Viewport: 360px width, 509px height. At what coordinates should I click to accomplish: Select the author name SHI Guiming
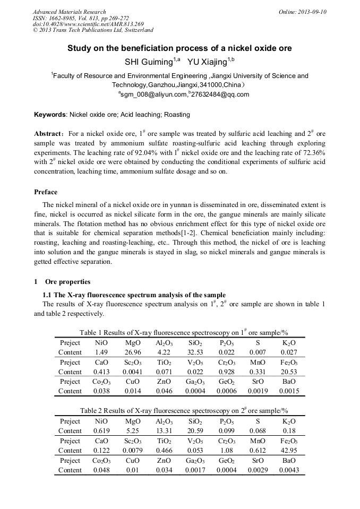click(146, 62)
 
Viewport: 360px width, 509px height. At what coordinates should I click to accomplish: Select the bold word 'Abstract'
click(50, 134)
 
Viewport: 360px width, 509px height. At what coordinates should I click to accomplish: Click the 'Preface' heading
click(46, 192)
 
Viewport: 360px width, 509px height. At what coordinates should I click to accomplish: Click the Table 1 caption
click(184, 333)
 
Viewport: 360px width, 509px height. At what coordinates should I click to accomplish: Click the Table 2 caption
click(184, 411)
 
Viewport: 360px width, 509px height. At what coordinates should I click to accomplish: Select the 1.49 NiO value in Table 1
click(100, 352)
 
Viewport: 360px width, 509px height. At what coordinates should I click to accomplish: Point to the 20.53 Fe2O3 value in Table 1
click(289, 372)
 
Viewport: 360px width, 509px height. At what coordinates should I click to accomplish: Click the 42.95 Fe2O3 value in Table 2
click(289, 450)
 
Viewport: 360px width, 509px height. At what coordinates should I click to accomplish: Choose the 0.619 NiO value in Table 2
click(101, 430)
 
